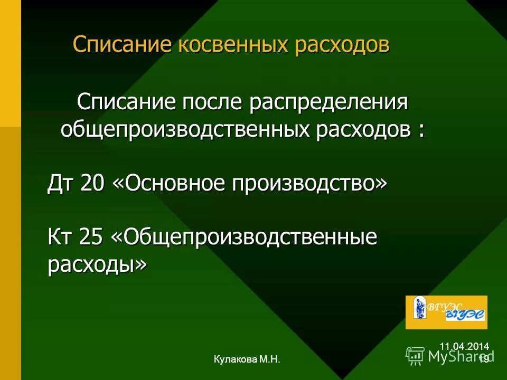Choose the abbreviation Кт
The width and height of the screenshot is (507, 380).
[x=61, y=237]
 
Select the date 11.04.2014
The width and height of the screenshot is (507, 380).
[x=464, y=346]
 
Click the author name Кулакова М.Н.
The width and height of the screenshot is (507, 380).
[x=247, y=359]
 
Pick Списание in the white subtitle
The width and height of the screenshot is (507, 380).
[x=126, y=101]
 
